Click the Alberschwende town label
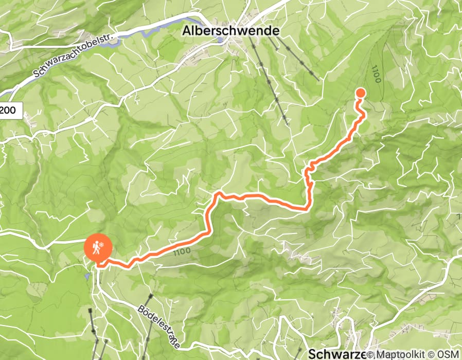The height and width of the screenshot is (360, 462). coord(231,31)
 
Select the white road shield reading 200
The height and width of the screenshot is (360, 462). coord(10,110)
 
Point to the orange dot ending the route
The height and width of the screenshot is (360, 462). coord(360,93)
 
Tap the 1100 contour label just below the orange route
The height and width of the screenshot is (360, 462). coord(183,251)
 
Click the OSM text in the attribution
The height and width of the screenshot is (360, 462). coord(449,355)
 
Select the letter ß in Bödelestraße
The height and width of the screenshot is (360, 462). coord(170,336)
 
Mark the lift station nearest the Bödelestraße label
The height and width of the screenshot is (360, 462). coord(151,296)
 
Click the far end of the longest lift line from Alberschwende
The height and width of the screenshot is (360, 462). coord(287,125)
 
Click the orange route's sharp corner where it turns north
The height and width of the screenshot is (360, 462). coord(308,208)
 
